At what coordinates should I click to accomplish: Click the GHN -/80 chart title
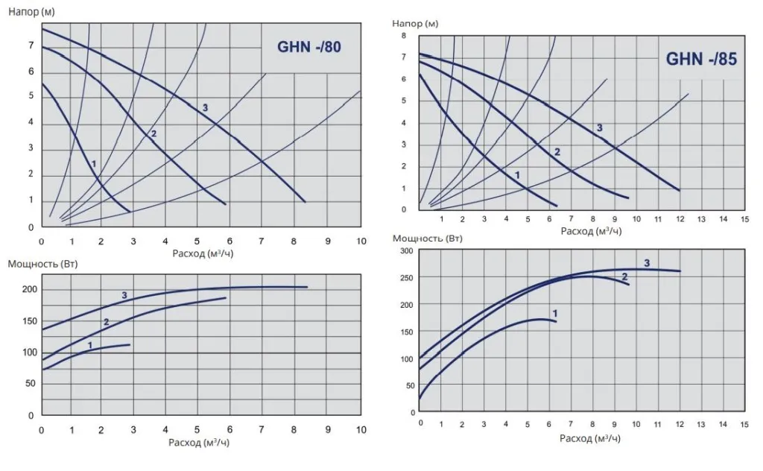point(309,47)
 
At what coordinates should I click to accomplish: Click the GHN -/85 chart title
point(701,59)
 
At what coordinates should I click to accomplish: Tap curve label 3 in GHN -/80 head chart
point(205,108)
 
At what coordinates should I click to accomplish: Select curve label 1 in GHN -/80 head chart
point(94,162)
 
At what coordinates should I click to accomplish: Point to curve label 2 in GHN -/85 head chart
point(557,152)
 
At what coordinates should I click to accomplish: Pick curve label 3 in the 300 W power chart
point(647,263)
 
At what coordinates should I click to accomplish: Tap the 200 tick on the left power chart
point(28,289)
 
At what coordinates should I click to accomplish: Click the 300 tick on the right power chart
point(405,251)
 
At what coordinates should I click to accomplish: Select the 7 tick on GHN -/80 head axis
point(31,45)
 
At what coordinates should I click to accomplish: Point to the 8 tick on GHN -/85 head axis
point(403,36)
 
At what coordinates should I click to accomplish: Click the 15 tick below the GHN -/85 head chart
point(744,220)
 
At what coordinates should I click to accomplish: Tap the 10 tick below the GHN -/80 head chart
point(361,242)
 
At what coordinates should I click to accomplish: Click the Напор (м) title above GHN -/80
point(31,12)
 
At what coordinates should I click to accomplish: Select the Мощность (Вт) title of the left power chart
point(42,264)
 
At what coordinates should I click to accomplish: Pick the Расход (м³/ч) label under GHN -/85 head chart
point(592,231)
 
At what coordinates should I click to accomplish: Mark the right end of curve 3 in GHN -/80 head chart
point(305,201)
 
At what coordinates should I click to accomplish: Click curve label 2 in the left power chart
point(107,323)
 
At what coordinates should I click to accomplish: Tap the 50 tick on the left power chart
point(30,382)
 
